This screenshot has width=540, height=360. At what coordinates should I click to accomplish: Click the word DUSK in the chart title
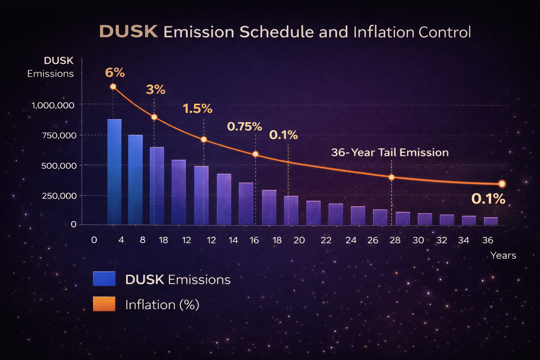point(129,32)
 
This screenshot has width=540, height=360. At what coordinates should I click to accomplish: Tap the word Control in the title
point(445,32)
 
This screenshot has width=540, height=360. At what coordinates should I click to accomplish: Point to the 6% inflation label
point(115,73)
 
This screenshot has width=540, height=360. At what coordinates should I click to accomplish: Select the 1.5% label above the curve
point(198,109)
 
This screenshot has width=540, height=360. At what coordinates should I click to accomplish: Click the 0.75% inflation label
point(244,127)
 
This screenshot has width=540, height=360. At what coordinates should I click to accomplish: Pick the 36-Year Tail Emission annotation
point(390,153)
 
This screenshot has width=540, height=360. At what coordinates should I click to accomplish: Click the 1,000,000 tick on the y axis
point(53,105)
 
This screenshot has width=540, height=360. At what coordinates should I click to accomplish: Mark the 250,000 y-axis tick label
point(59,196)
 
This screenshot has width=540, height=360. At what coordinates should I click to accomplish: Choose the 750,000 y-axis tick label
point(59,135)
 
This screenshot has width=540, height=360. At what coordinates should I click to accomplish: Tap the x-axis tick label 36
point(488,240)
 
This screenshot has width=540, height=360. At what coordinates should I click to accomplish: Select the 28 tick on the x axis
point(395,240)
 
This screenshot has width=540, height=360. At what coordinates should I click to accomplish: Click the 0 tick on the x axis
point(94,240)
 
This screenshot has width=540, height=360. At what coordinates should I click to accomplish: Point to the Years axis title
point(503,256)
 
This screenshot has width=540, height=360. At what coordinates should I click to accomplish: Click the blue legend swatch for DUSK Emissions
point(104,279)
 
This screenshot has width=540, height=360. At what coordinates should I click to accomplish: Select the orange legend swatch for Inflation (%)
point(104,304)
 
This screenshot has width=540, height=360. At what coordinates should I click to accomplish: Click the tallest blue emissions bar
point(114,172)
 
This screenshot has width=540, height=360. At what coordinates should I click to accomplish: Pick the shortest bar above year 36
point(491,221)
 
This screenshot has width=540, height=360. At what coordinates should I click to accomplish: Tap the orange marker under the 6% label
point(113,87)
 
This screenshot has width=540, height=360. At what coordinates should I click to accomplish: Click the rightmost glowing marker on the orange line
point(502,184)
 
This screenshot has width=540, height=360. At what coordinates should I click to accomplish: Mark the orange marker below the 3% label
point(154,117)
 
